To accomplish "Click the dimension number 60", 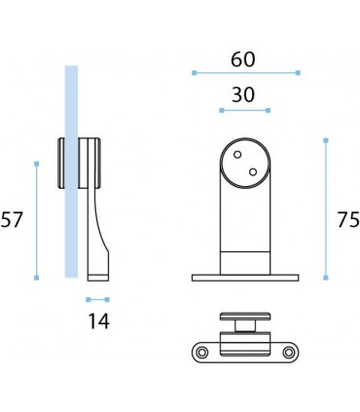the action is click(243, 59).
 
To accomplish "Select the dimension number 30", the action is click(243, 94).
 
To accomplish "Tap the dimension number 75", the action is click(348, 220).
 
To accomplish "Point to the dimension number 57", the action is click(12, 219).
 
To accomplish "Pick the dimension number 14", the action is click(99, 321).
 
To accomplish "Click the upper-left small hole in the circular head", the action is click(237, 155).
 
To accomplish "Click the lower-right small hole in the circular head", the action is click(253, 171).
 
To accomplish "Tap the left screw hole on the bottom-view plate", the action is click(202, 352).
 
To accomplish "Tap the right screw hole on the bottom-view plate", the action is click(288, 352).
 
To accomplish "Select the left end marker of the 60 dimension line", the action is click(195, 73).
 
